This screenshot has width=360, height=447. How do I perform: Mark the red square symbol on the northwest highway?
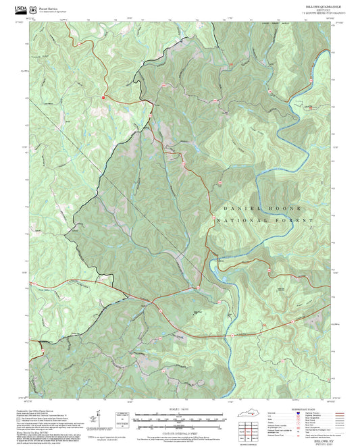(x=103, y=97)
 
